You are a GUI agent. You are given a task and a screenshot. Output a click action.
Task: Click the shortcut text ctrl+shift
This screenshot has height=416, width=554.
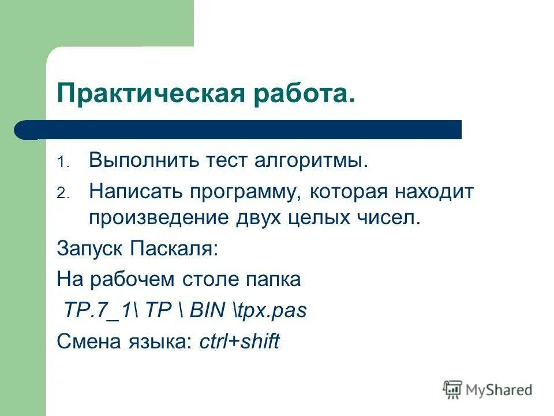pyautogui.click(x=239, y=342)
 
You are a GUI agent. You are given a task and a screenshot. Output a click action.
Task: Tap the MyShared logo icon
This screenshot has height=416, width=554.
pyautogui.click(x=453, y=389)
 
